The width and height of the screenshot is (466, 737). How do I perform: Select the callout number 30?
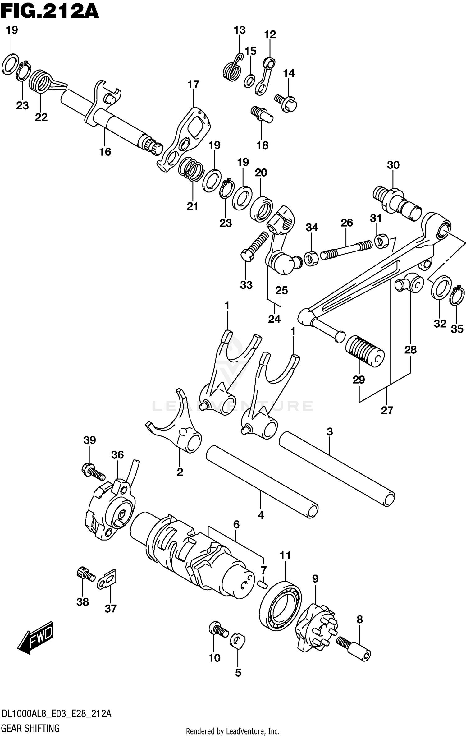tap(393, 165)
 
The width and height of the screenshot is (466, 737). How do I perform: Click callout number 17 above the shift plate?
tap(193, 85)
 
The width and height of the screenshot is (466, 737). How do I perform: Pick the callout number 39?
tap(89, 440)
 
